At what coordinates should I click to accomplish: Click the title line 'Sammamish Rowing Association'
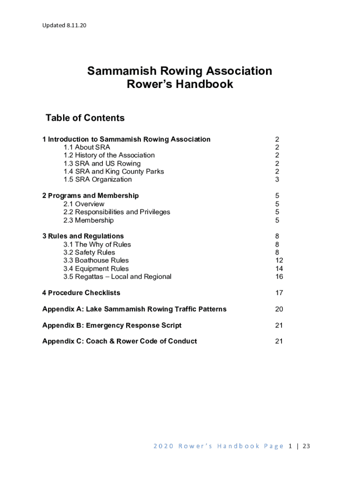[x=180, y=71]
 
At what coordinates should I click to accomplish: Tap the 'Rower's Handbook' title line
[x=180, y=85]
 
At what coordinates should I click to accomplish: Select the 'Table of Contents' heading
[x=85, y=118]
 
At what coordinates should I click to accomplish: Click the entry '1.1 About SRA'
[x=87, y=147]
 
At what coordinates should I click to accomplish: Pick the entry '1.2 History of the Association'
[x=109, y=155]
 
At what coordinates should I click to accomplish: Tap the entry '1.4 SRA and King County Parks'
[x=114, y=172]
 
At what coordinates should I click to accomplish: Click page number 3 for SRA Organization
[x=277, y=180]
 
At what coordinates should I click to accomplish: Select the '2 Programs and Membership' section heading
[x=90, y=196]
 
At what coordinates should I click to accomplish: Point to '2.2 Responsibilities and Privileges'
[x=117, y=212]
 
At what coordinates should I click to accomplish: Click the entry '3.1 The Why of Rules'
[x=97, y=245]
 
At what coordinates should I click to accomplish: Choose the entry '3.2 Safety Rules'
[x=89, y=253]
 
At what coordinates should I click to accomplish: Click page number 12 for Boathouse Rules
[x=279, y=261]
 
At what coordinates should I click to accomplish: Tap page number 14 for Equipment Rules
[x=279, y=269]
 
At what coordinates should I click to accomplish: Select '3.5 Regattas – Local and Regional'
[x=117, y=277]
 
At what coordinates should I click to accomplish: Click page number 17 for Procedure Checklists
[x=279, y=293]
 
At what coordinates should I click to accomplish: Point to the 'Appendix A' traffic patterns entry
[x=134, y=309]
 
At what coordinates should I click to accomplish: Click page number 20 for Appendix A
[x=279, y=309]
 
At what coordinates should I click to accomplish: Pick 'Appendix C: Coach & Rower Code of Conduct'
[x=119, y=341]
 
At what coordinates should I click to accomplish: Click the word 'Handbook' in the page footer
[x=238, y=446]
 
